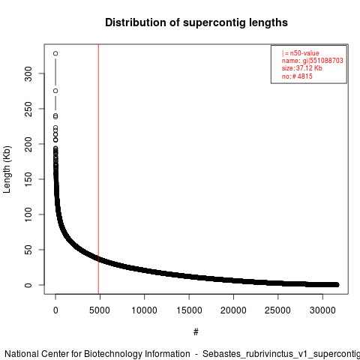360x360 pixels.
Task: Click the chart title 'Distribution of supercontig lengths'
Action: [196, 22]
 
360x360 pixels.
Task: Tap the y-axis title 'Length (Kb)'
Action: [7, 169]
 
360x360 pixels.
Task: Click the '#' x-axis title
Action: [196, 332]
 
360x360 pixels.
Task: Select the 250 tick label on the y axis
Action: [28, 109]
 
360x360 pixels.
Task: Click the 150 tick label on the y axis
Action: [28, 179]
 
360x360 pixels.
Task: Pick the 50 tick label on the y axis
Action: [28, 250]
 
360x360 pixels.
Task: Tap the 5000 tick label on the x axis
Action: [100, 310]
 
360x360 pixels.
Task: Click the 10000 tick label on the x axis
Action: [144, 310]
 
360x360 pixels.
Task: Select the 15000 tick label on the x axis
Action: [189, 310]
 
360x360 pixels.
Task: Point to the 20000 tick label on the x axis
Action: [233, 310]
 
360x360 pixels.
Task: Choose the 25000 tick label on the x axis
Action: [277, 310]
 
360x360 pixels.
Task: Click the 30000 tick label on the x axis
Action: [322, 310]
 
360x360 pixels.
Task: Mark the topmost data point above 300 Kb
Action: [55, 53]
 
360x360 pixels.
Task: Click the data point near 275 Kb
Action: [55, 91]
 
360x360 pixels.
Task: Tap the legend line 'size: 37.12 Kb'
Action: [302, 68]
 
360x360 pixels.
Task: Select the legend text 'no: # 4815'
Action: [297, 76]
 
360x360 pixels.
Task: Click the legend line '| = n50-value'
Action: [301, 53]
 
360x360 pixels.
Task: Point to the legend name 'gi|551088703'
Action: [322, 61]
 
